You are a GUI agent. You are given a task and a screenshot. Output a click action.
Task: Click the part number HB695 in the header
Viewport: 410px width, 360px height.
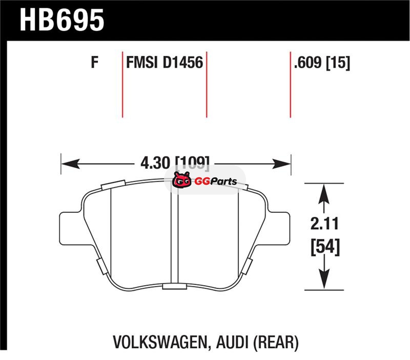[x=62, y=20]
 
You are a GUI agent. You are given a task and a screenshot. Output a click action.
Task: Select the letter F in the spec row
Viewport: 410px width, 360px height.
[x=94, y=63]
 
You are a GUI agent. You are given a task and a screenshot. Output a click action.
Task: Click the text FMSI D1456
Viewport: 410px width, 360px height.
[x=165, y=63]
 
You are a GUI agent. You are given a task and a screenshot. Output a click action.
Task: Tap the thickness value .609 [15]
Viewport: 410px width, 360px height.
[x=322, y=63]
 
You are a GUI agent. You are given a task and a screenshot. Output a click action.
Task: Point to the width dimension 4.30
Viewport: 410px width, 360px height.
[x=155, y=163]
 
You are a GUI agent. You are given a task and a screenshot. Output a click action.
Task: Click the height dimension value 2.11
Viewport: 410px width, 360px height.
[x=324, y=224]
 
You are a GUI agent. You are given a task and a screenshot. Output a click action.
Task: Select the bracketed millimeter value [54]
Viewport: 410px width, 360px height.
[x=325, y=247]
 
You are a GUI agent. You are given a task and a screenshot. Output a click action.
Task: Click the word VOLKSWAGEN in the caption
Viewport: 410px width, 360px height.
[x=159, y=342]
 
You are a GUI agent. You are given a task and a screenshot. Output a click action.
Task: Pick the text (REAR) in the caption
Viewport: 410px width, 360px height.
[x=276, y=343]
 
